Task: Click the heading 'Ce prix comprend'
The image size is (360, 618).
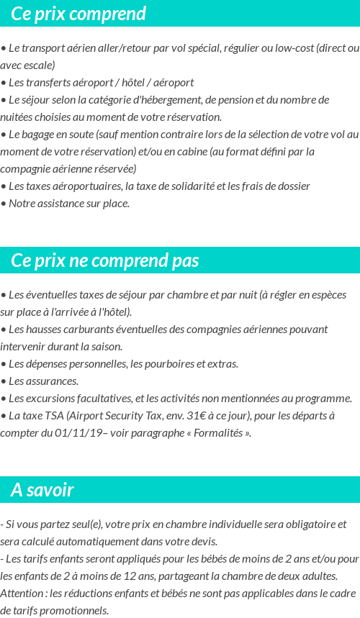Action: (x=78, y=14)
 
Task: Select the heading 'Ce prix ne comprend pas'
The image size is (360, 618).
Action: (x=105, y=260)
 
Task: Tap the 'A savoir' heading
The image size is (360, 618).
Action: (x=42, y=490)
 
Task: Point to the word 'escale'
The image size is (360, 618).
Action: (x=40, y=65)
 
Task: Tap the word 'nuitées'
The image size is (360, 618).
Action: (x=19, y=117)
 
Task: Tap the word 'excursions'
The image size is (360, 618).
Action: (x=53, y=399)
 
